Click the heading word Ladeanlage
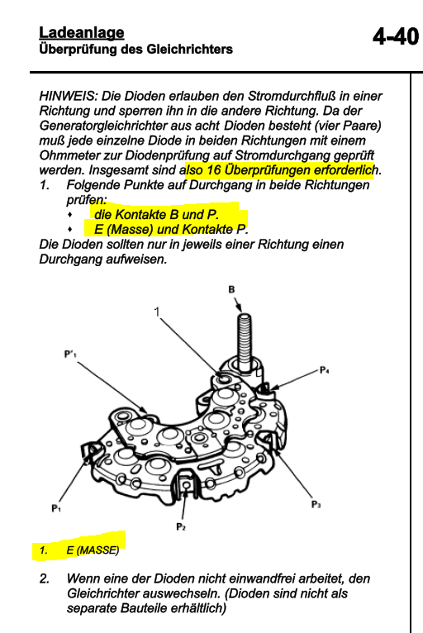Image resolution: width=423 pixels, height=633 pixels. pos(82,33)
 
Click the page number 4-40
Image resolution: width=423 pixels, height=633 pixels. pos(396,37)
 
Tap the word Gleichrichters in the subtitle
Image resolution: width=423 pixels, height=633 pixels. pos(190,50)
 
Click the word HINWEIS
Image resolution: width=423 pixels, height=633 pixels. pos(69,96)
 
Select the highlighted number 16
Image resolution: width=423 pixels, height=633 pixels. pos(213,170)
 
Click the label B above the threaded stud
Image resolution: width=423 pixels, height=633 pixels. pos(231,289)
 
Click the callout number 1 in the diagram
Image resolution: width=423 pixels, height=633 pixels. pos(157,312)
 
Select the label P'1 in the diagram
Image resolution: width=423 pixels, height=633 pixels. pos(70,354)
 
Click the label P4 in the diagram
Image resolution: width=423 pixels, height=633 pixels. pos(324,369)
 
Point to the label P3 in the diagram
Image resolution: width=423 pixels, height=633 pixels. pos(316,504)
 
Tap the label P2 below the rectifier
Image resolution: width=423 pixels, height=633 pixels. pos(181,527)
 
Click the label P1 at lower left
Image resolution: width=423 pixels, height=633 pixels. pos(56,508)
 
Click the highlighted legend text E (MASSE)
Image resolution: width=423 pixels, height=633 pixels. pos(93,550)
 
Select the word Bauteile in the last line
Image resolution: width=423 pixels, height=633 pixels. pos(145,608)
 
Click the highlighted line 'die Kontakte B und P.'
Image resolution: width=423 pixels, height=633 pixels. pos(156,214)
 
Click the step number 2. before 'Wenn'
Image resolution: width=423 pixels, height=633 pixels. pos(45,578)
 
